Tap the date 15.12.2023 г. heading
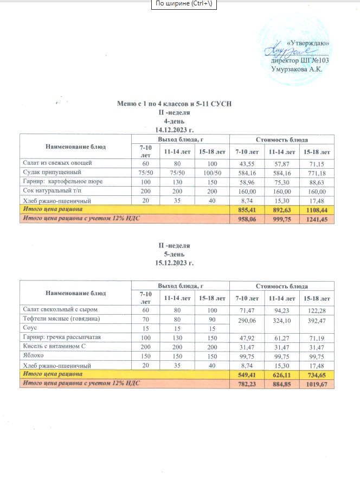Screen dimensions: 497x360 tap(174, 263)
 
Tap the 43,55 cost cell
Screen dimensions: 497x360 tap(246, 163)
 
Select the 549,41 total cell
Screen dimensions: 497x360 tap(246, 374)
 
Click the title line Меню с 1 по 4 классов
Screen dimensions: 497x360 tap(174, 103)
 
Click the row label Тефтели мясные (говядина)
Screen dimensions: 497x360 tap(60, 318)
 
